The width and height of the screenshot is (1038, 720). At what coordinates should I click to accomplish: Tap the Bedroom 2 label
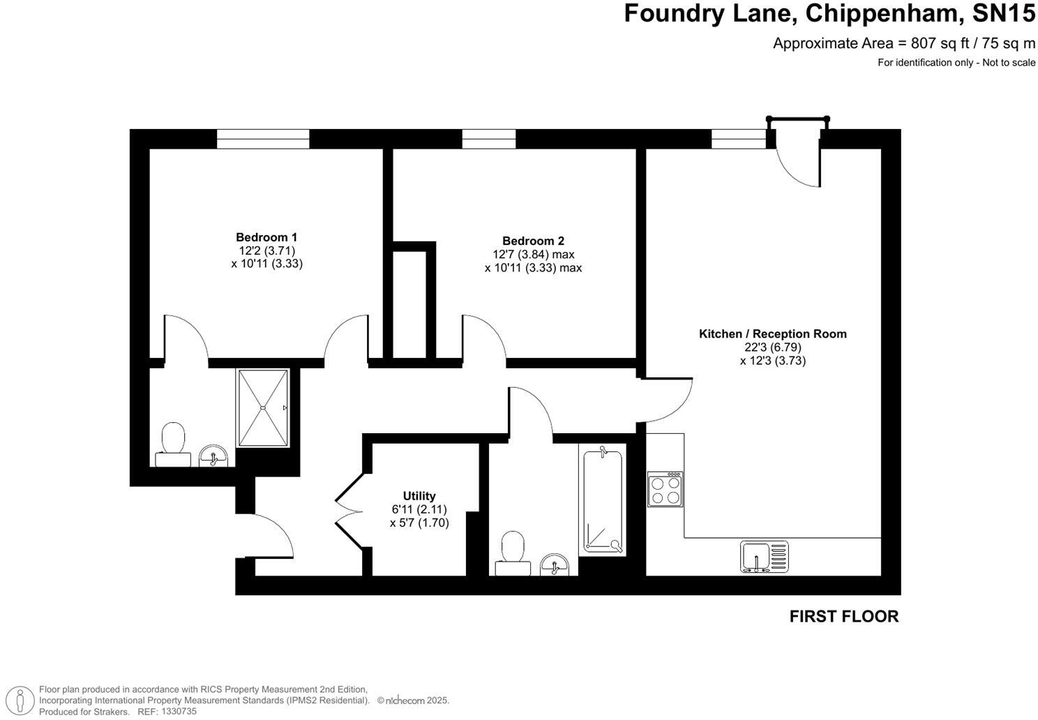tap(533, 241)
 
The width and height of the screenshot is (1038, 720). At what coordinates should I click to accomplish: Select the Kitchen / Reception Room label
tap(772, 333)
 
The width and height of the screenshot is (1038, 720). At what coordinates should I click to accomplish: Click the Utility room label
tap(419, 496)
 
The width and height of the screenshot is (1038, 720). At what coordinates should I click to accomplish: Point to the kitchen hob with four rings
tap(665, 489)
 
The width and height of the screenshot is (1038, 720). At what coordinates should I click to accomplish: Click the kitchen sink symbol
tap(764, 557)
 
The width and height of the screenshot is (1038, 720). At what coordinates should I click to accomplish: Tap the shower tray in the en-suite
tap(263, 408)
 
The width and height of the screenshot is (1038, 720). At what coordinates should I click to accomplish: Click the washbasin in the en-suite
tap(213, 456)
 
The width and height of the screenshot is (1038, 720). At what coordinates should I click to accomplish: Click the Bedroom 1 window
tap(262, 139)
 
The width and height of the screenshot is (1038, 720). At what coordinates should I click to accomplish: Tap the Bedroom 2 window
tap(488, 139)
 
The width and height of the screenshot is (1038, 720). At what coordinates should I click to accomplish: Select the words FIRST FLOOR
tap(843, 616)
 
